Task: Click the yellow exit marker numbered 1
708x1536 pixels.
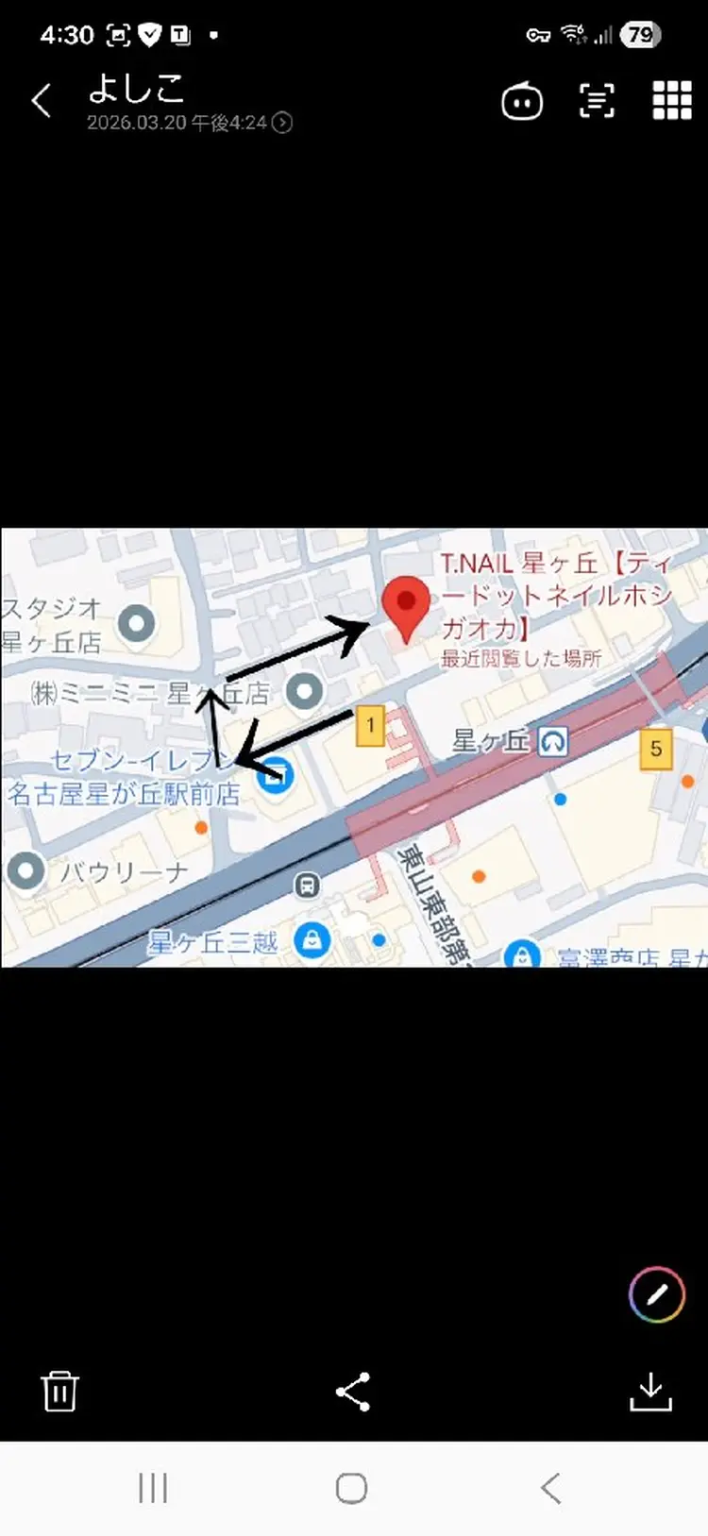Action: tap(370, 726)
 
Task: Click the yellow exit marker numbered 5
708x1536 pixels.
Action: tap(656, 749)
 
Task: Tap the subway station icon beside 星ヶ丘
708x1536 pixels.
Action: tap(553, 742)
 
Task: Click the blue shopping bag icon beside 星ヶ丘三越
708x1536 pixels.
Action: tap(312, 940)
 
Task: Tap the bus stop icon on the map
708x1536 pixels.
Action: tap(307, 886)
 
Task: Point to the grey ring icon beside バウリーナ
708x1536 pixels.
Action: tap(25, 870)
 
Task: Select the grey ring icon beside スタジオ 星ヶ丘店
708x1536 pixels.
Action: tap(138, 623)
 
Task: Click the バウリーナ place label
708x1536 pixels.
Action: tap(124, 872)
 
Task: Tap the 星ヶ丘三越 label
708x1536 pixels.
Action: tap(212, 942)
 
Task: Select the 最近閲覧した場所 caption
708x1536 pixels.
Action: tap(521, 658)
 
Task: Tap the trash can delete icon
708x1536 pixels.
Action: tap(59, 1391)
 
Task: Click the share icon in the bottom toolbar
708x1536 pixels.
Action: tap(353, 1392)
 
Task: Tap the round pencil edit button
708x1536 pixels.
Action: tap(657, 1293)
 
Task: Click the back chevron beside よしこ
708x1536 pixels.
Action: tap(42, 101)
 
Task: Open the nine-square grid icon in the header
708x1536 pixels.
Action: tap(672, 100)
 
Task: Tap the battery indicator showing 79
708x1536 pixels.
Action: tap(641, 36)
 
